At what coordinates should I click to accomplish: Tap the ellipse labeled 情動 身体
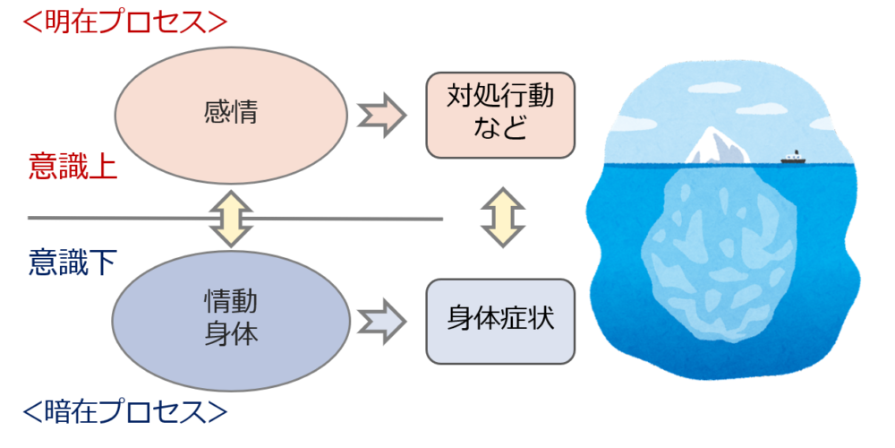pos(231,319)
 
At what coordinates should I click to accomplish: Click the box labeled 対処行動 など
pos(499,114)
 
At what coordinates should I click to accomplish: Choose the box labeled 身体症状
pos(499,320)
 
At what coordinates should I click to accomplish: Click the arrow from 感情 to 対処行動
pos(381,115)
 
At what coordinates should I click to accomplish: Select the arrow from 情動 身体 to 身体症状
pos(381,319)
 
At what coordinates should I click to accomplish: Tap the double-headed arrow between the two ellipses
pos(231,218)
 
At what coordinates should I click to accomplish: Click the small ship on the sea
pos(793,158)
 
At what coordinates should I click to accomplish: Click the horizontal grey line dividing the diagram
pos(358,218)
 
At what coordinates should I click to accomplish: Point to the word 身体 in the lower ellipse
pos(231,334)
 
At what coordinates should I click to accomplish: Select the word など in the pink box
pos(499,129)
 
